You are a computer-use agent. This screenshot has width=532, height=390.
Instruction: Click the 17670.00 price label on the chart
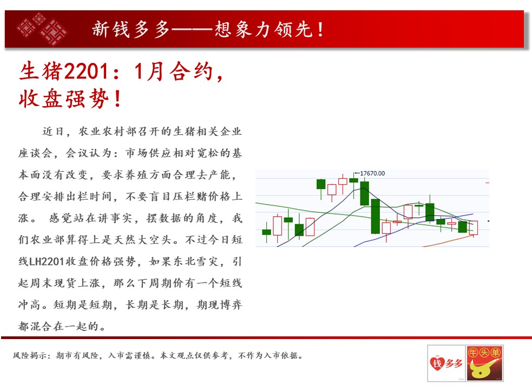(372, 173)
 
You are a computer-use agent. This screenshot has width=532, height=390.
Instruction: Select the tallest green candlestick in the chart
(375, 217)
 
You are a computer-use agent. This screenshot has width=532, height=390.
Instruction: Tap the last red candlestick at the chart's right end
(474, 227)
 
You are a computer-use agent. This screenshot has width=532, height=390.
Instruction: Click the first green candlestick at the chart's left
(267, 232)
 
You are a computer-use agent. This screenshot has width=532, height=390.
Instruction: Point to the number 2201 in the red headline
(86, 71)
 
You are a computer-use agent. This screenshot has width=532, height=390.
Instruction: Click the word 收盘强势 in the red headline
(64, 99)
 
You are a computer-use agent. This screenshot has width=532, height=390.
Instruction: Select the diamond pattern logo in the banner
(42, 29)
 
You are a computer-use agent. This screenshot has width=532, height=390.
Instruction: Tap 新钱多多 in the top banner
(130, 29)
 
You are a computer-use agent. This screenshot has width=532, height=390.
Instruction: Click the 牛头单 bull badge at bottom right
(484, 363)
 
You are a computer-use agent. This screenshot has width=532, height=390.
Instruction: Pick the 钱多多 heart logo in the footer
(446, 363)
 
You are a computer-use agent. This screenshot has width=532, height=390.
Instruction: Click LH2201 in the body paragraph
(47, 262)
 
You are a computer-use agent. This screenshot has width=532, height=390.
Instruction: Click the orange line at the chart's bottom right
(449, 241)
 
